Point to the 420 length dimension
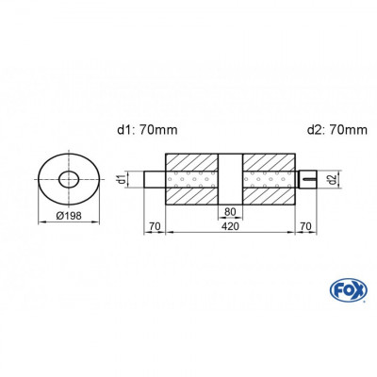click(230, 227)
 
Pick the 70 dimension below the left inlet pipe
click(155, 227)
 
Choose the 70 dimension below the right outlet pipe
click(304, 227)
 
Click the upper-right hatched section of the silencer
click(269, 159)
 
